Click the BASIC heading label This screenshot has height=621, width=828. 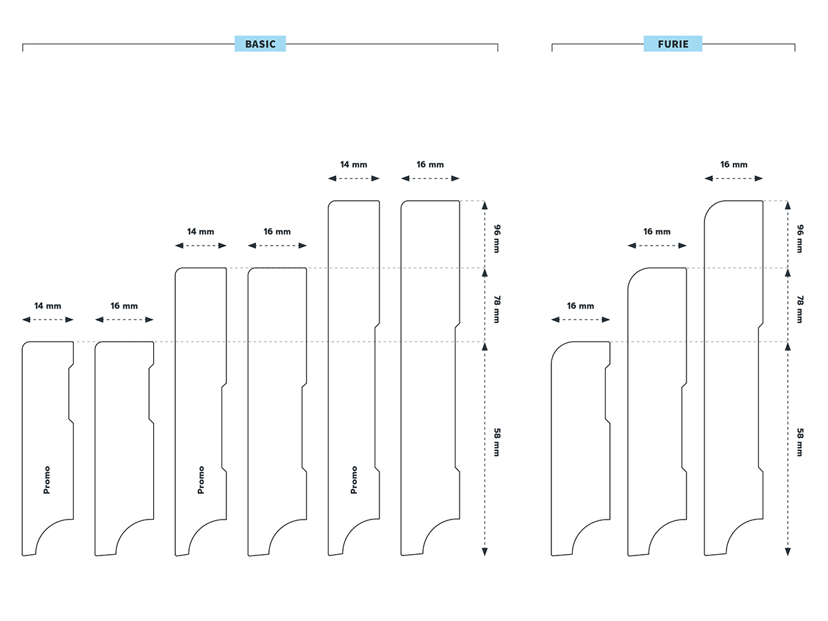pos(260,44)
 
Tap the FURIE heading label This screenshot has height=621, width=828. pos(673,44)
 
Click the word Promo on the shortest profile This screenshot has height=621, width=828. pos(47,480)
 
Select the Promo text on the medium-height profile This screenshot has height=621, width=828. pos(201,480)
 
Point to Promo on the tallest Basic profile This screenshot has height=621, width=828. pos(354,480)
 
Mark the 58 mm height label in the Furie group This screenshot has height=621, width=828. pos(800,442)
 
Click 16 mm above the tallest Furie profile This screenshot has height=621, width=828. pos(733,165)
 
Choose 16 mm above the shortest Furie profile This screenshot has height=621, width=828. pos(580,306)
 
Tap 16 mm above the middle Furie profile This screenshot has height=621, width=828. pos(657,232)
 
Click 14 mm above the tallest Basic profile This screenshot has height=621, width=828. pos(353,165)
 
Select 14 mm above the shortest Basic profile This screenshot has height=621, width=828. pos(48,306)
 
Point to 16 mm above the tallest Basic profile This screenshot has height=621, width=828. pos(430,165)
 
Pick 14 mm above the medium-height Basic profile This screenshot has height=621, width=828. pos(200,232)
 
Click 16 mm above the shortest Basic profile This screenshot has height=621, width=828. pos(124,306)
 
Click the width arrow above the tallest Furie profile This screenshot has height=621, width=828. pos(733,178)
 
